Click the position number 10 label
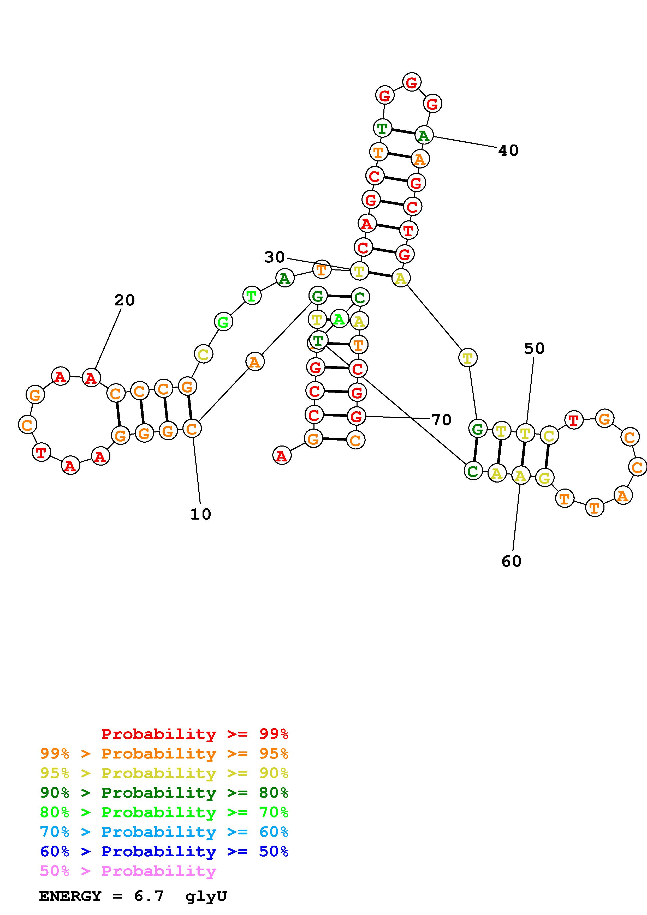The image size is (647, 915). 200,514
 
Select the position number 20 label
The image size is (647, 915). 124,300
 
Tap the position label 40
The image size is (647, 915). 508,151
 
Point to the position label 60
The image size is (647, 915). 512,561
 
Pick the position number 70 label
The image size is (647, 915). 441,420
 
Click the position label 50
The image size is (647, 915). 534,349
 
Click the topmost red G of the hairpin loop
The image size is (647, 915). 411,82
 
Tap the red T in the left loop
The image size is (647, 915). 41,453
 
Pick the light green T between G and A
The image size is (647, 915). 252,296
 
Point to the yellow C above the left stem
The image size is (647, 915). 203,354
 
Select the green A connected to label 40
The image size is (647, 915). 423,135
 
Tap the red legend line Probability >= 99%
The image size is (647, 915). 195,734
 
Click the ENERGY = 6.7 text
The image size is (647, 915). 102,896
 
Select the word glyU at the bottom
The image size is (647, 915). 206,896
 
